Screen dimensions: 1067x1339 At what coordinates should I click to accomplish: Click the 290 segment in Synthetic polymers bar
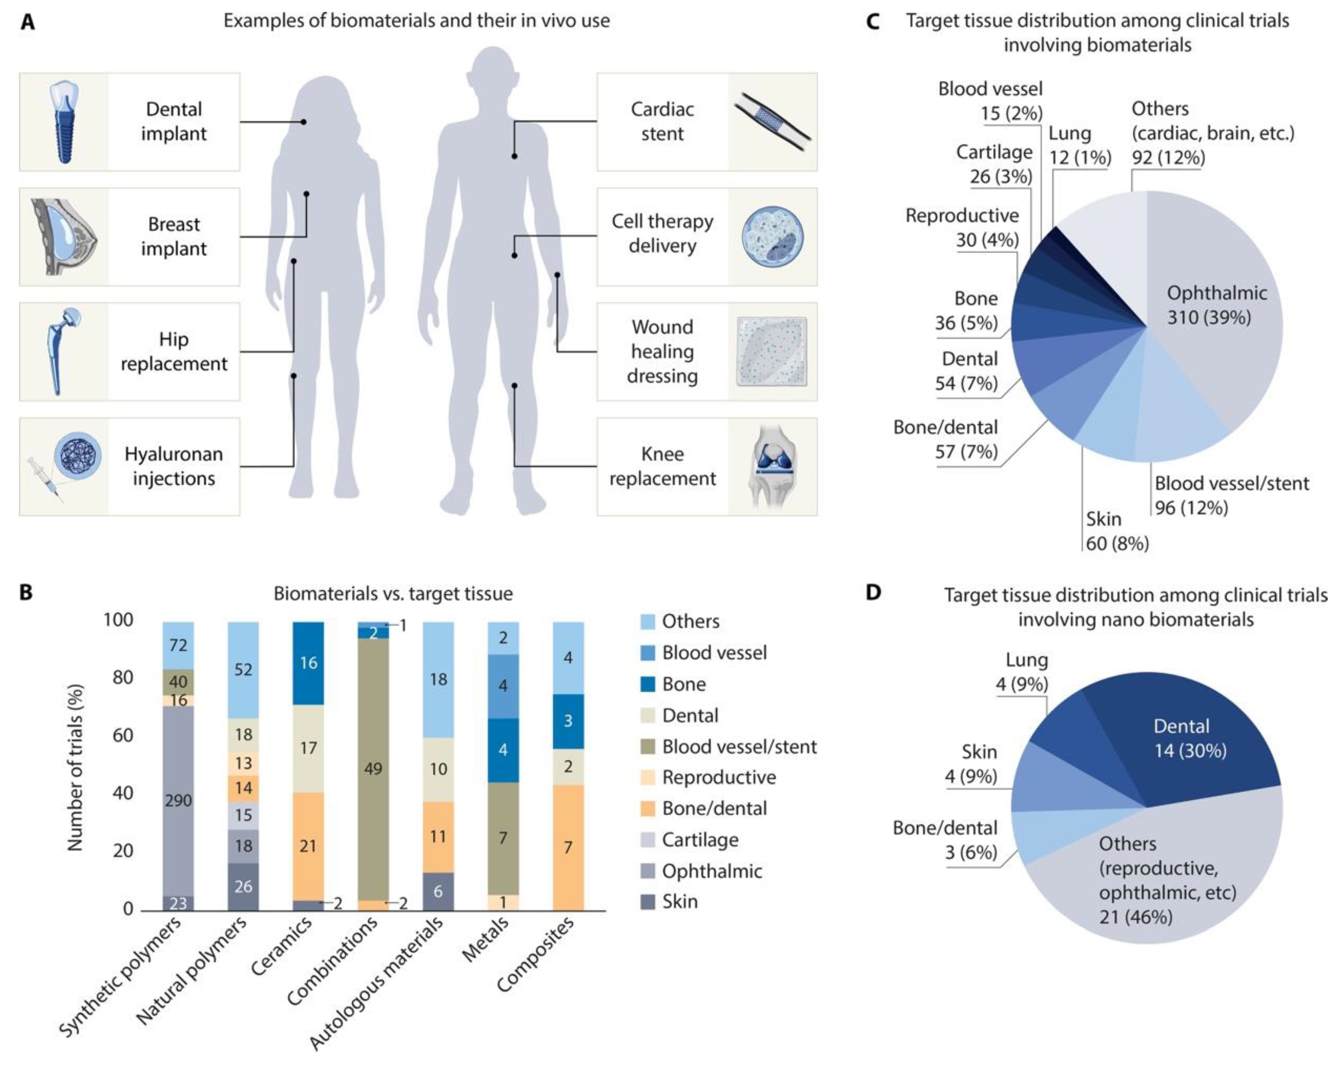point(178,801)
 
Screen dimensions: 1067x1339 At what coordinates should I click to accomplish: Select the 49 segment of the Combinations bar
point(373,769)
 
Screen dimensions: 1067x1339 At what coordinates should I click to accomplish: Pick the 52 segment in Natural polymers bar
point(244,670)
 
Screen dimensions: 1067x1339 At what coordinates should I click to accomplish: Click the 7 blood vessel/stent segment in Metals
point(503,838)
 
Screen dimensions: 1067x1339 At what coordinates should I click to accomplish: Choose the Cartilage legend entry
point(700,840)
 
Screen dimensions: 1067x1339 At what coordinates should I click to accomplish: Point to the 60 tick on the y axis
point(123,735)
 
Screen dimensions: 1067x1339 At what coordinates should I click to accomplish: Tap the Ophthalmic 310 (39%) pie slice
point(1217,310)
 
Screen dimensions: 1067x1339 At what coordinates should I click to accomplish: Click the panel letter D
point(873,593)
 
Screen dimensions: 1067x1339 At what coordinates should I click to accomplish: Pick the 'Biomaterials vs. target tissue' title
point(393,594)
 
